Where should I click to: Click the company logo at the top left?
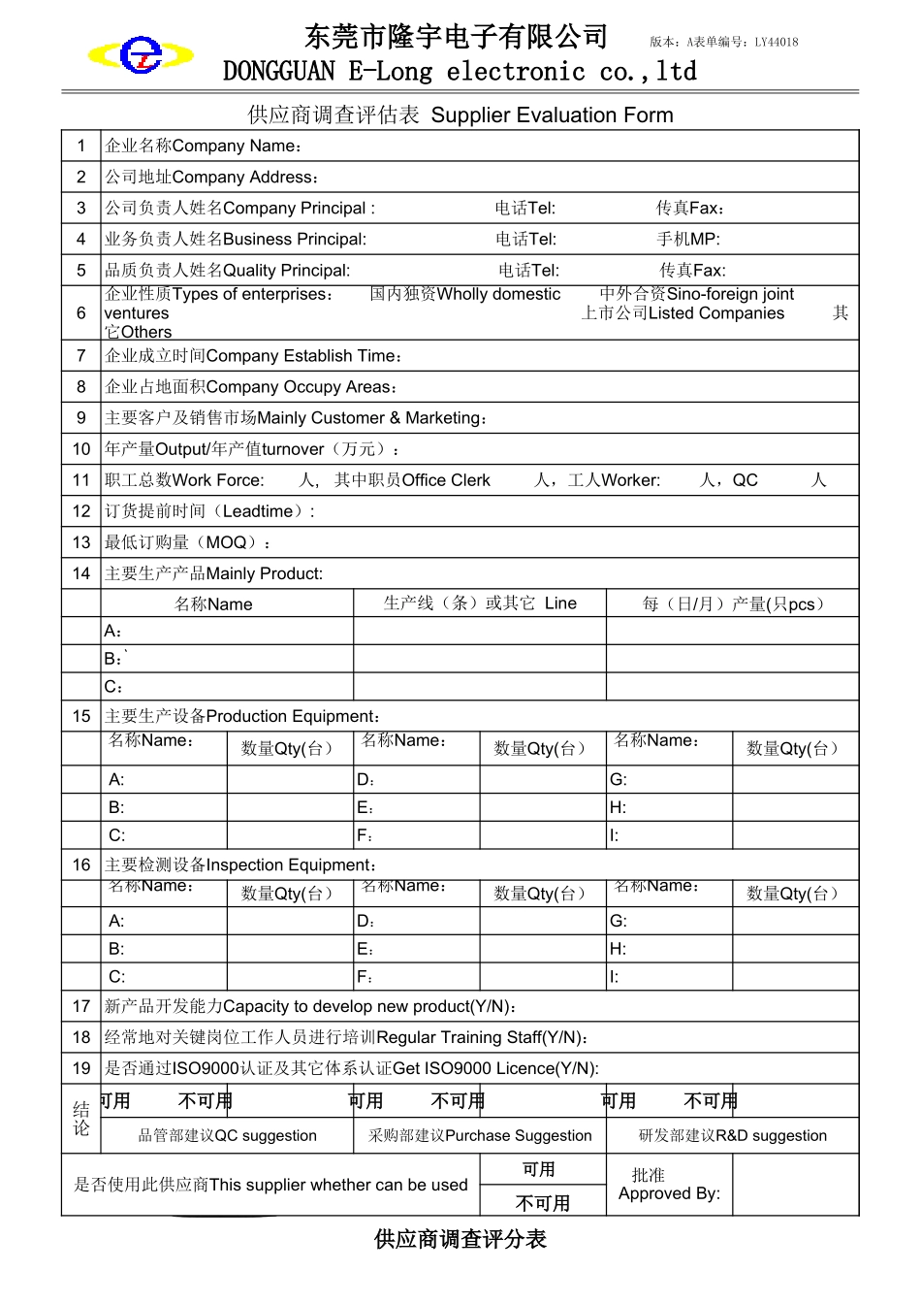142,55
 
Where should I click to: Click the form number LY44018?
777,42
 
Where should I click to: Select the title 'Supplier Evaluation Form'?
552,115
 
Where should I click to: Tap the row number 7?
81,356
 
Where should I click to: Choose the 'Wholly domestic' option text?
498,294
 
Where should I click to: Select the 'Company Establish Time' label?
303,356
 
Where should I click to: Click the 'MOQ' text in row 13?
226,542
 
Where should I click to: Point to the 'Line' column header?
560,603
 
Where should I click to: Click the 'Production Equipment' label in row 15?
292,716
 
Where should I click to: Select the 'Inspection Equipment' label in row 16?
290,864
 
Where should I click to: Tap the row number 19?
81,1068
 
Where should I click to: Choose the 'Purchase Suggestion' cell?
518,1136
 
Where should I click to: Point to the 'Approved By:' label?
669,1193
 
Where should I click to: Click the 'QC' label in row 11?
746,480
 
